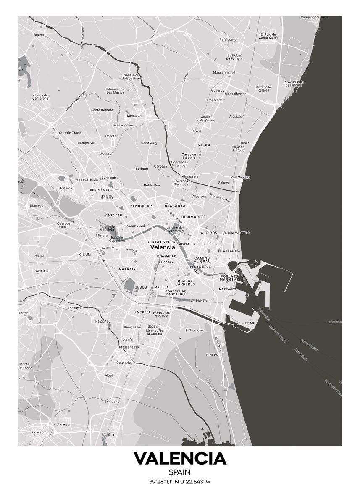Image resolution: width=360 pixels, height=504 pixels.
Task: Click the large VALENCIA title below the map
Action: [180, 459]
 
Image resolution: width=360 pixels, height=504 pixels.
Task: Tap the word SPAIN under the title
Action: [180, 473]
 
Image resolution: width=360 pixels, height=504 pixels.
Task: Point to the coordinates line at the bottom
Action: [180, 482]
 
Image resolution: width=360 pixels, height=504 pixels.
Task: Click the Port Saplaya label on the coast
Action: [240, 177]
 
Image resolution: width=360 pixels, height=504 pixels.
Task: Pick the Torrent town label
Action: [24, 313]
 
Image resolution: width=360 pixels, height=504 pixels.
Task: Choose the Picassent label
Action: [39, 432]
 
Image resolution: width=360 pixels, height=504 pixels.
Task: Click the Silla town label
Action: [111, 434]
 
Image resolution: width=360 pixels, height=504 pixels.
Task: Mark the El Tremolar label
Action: [194, 330]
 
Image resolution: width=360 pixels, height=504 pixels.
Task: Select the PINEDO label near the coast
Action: [213, 354]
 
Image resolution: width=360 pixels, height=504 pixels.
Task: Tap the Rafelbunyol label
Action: [229, 39]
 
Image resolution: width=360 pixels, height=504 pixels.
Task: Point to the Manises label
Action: [37, 206]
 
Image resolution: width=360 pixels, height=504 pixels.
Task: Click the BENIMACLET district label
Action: [194, 217]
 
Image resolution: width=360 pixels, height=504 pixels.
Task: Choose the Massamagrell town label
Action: [224, 72]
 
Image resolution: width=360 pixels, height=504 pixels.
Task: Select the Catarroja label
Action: [124, 362]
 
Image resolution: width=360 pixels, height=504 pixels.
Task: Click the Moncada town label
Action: [134, 115]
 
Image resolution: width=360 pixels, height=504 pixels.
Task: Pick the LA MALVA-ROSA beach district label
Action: [236, 232]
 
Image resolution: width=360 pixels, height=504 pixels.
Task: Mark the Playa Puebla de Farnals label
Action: [294, 83]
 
